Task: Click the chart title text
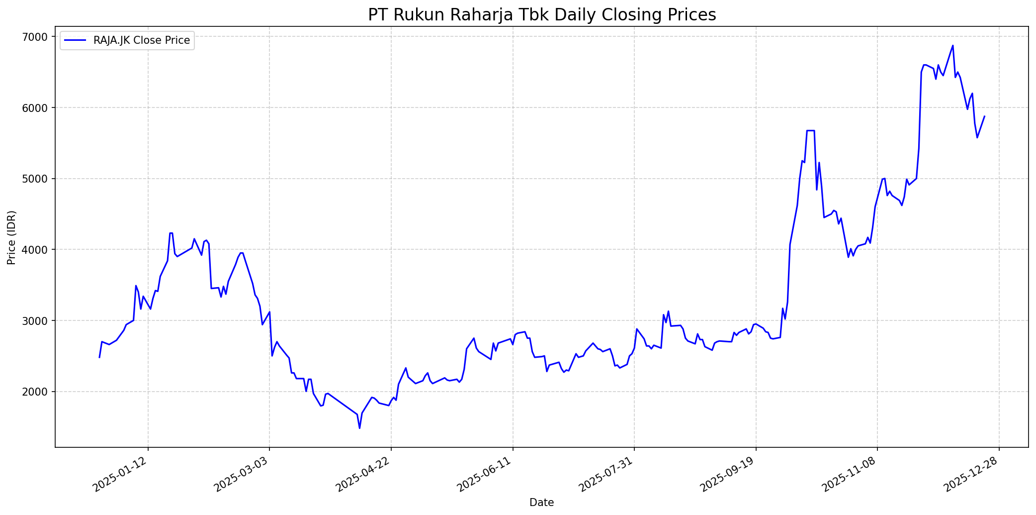542,15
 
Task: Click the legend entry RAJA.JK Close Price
141,40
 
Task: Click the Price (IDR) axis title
11,237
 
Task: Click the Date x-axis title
541,503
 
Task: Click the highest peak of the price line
952,46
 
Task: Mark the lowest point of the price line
359,428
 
